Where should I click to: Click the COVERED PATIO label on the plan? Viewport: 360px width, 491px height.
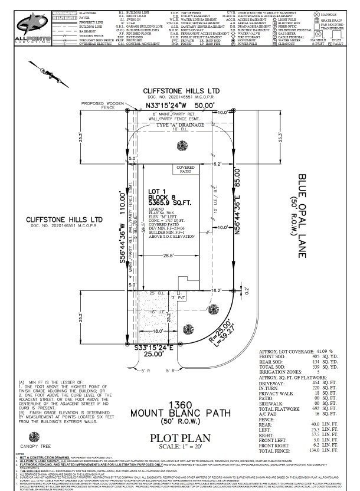(186, 169)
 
